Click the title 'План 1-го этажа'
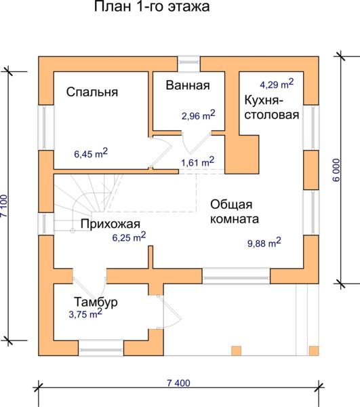point(152,7)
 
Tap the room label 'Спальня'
point(92,92)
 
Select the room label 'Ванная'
point(188,85)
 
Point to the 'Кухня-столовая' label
point(272,107)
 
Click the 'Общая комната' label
point(235,212)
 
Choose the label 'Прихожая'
point(111,224)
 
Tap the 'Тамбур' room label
point(96,302)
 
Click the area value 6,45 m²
point(91,153)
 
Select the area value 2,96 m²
point(199,115)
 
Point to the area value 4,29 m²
point(277,84)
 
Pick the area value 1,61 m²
point(198,161)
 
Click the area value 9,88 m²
point(264,243)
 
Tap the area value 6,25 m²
point(129,237)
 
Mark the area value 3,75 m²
point(85,314)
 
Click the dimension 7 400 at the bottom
point(178,383)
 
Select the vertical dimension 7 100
point(5,206)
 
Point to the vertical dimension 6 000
point(336,170)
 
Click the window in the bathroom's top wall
point(188,63)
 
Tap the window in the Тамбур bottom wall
point(101,348)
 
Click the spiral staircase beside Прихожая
point(88,202)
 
